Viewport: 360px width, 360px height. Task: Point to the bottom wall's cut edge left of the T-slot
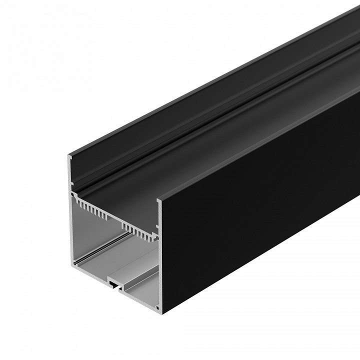tap(92, 272)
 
